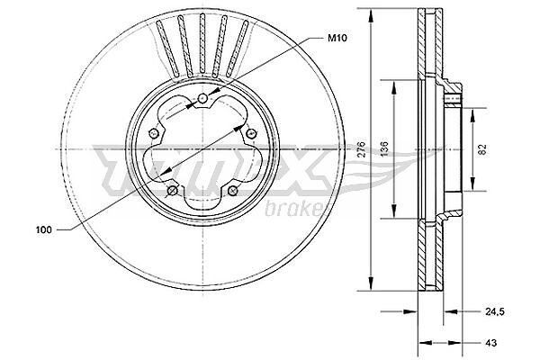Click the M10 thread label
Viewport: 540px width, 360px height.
click(337, 38)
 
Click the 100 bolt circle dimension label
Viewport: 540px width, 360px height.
click(44, 229)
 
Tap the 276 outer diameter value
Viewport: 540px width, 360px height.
click(361, 148)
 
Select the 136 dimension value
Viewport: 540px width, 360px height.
click(384, 148)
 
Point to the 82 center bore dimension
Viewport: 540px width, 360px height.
click(482, 149)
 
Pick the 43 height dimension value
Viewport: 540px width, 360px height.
click(491, 343)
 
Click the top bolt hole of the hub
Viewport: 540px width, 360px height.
click(202, 99)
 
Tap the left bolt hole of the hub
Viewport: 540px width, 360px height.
click(154, 132)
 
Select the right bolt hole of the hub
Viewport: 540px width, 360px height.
click(252, 132)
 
